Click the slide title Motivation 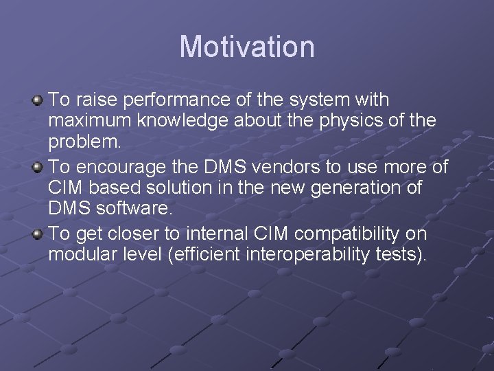tap(247, 47)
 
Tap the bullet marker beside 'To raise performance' tap(38, 100)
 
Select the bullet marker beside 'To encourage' tap(38, 167)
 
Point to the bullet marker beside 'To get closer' tap(38, 234)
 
